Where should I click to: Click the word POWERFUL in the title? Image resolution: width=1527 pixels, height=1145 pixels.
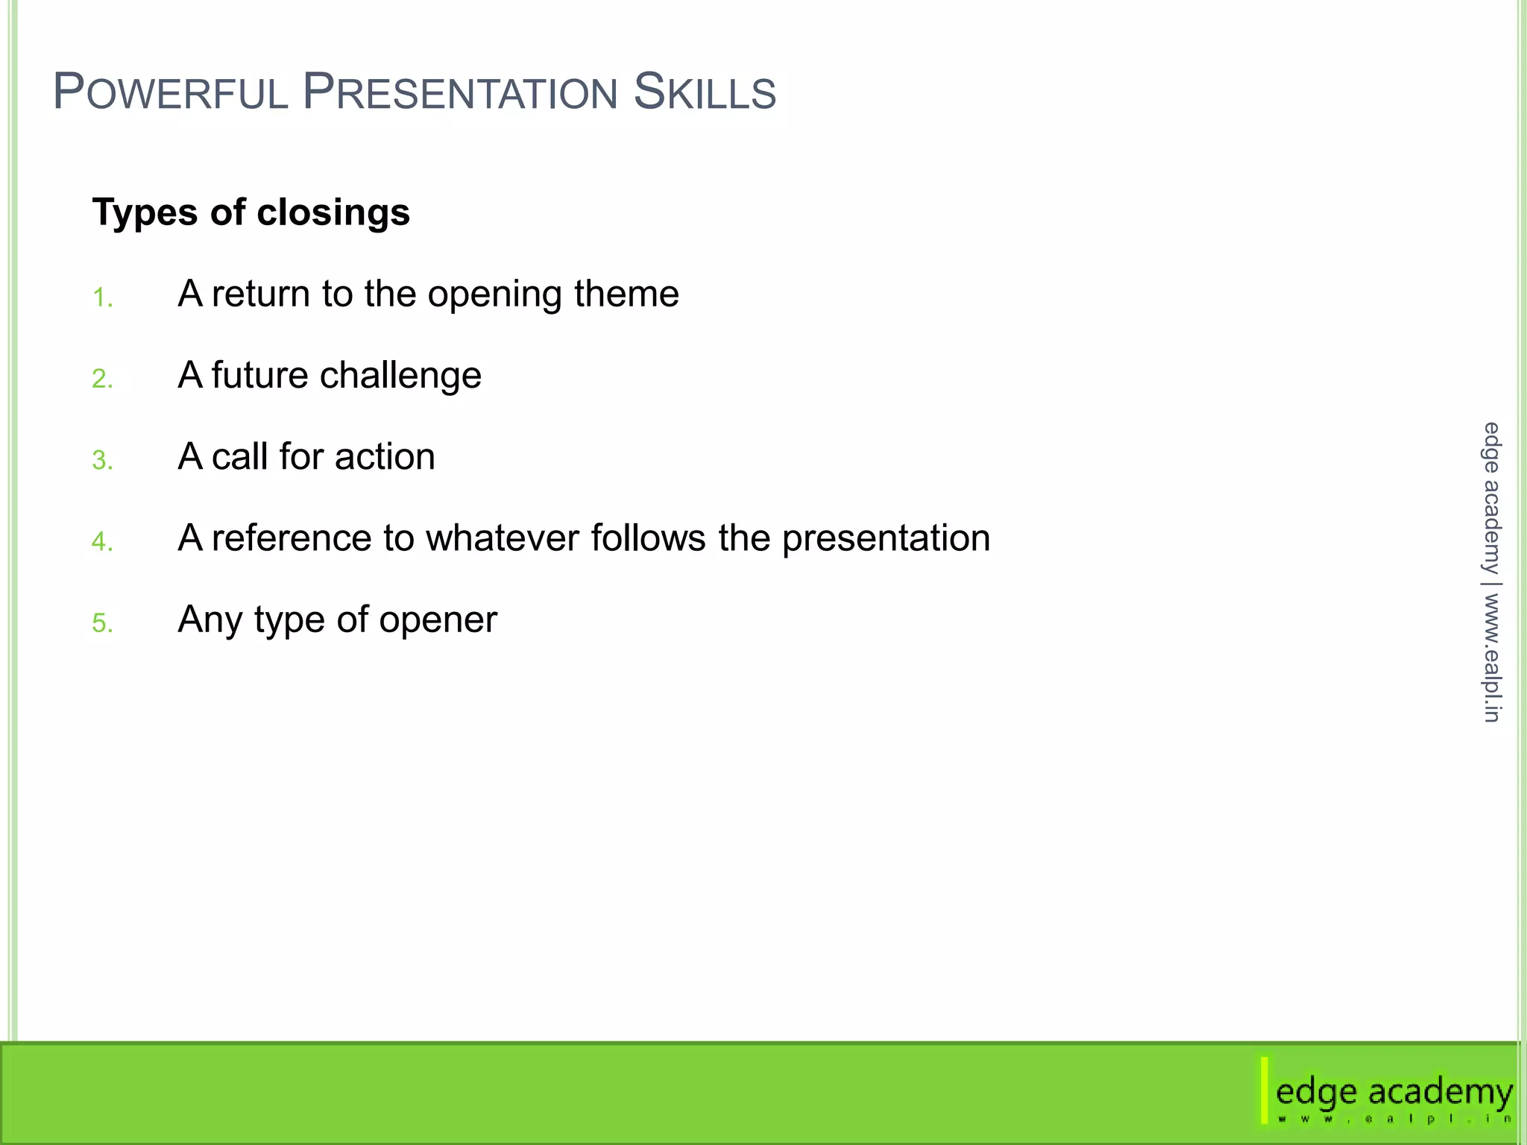[170, 92]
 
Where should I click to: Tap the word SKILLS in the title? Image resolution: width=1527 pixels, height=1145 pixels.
[705, 92]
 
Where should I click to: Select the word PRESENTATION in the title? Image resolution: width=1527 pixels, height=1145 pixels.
[460, 92]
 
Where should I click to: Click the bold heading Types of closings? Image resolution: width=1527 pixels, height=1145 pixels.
[251, 212]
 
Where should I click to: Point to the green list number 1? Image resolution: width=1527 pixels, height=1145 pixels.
[101, 298]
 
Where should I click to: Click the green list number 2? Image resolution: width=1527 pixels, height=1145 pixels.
[101, 379]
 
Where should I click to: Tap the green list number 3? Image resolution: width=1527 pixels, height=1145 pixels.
[101, 460]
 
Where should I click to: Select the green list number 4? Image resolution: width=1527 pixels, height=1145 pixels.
[101, 541]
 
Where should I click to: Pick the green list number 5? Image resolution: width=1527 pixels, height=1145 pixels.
[101, 622]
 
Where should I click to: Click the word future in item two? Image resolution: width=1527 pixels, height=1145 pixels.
[259, 375]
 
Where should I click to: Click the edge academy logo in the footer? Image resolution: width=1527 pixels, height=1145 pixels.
[1393, 1093]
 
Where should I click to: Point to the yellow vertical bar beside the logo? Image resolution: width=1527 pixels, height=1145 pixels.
[1265, 1090]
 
